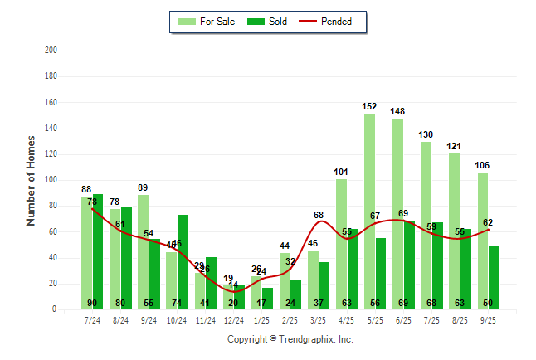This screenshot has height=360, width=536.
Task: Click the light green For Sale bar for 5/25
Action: (369, 212)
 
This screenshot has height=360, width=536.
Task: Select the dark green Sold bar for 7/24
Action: (98, 249)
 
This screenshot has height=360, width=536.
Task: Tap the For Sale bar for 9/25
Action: (483, 241)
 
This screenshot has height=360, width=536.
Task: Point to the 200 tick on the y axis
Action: (51, 51)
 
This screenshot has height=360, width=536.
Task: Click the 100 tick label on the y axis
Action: (51, 180)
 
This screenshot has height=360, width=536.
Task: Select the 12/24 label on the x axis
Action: (233, 320)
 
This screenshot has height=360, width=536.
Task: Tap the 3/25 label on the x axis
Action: (319, 320)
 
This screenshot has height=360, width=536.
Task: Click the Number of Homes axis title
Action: (32, 180)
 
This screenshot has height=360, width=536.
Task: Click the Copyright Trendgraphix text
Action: (290, 339)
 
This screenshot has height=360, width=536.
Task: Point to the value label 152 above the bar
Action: (369, 107)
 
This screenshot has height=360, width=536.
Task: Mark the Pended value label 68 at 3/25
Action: (319, 216)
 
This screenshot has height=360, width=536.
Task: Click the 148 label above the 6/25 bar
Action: (397, 112)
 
